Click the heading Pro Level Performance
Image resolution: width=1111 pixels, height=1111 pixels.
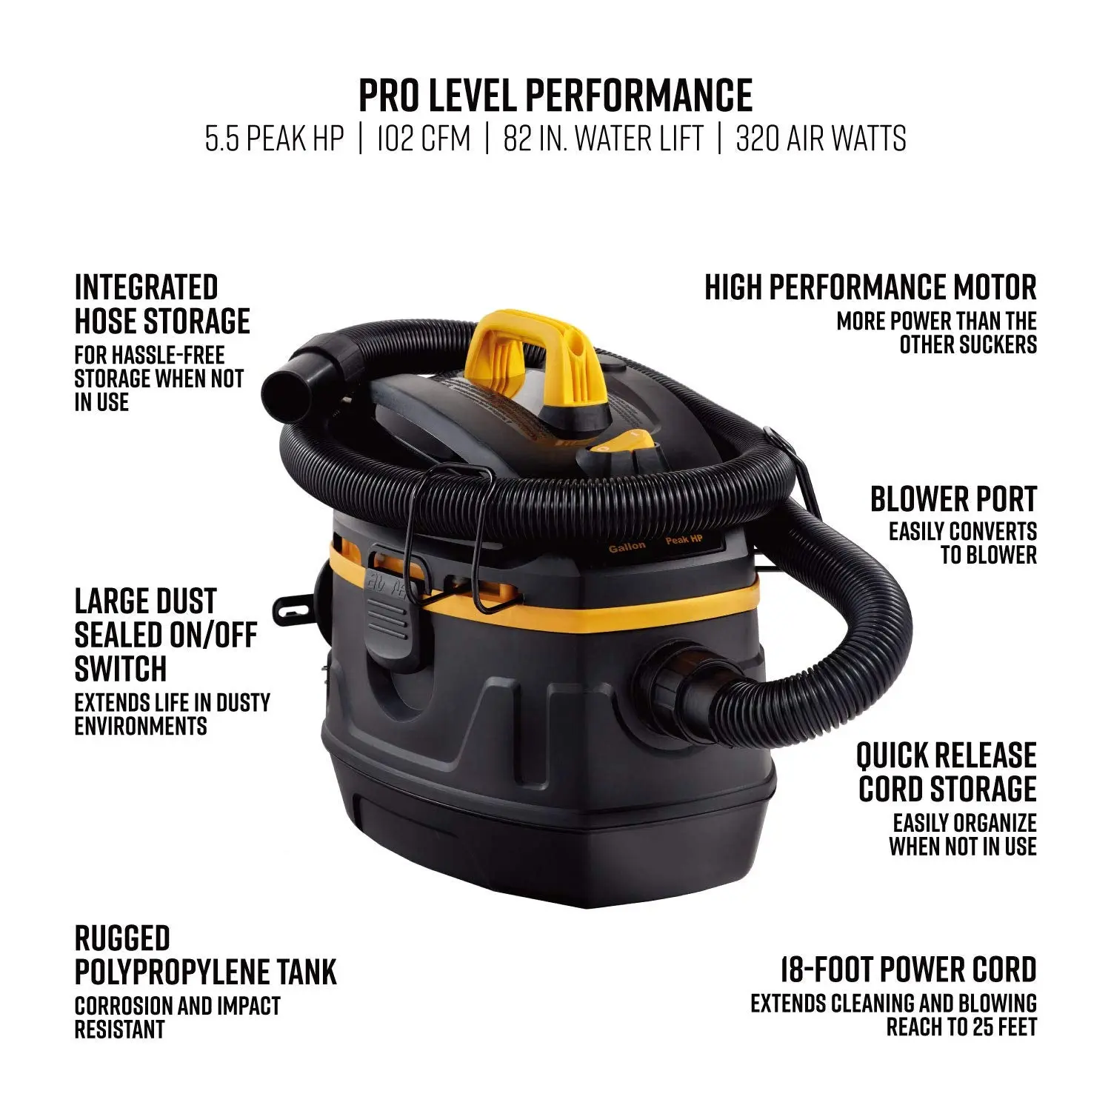tap(555, 95)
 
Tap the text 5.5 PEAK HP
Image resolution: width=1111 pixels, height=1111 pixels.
tap(274, 139)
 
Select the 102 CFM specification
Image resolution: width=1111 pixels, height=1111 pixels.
tap(423, 139)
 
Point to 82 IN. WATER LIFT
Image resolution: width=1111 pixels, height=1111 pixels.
tap(603, 139)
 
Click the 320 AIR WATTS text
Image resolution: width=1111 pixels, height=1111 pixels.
tap(821, 139)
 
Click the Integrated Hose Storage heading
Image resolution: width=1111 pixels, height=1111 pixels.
tap(162, 304)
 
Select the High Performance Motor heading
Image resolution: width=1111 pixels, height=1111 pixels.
tap(870, 287)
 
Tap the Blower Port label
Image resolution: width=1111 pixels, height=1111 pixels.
tap(953, 499)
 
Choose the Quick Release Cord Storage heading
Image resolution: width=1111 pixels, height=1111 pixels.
tap(947, 773)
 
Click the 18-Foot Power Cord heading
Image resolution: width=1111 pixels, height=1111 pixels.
tap(908, 970)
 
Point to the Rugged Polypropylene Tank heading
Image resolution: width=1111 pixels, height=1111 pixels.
tap(205, 955)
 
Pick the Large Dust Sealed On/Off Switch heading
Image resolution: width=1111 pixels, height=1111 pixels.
tap(166, 635)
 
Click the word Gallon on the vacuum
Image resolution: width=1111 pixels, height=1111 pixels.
tap(627, 547)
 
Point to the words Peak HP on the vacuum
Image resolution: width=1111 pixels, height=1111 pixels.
tap(684, 539)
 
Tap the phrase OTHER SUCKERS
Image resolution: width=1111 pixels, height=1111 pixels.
tap(968, 344)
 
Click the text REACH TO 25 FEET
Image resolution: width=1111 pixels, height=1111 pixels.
tap(961, 1027)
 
